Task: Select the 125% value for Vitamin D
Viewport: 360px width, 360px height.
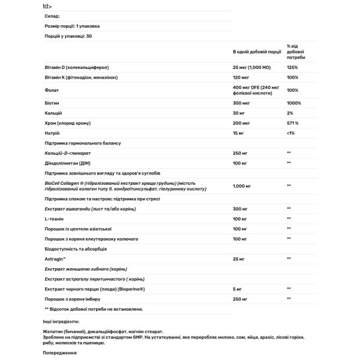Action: click(292, 67)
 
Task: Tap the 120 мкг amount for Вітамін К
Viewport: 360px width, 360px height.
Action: click(241, 79)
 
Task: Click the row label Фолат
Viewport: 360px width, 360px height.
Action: click(52, 90)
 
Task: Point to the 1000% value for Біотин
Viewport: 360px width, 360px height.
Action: click(293, 103)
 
